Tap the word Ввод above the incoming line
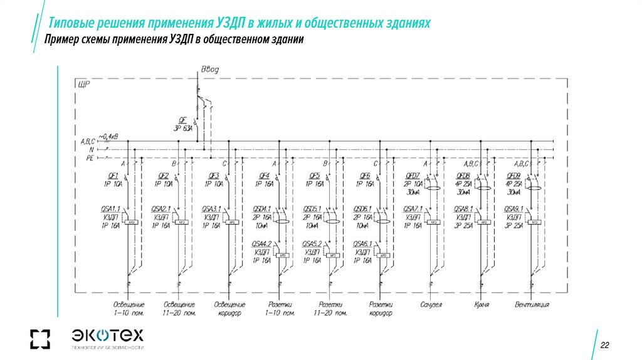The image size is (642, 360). (x=209, y=68)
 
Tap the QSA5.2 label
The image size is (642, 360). (x=312, y=243)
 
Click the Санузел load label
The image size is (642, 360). (x=431, y=305)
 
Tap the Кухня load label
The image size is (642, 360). (x=481, y=305)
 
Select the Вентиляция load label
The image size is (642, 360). (x=532, y=305)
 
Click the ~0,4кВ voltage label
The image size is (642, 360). (x=108, y=135)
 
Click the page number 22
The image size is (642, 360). (x=605, y=346)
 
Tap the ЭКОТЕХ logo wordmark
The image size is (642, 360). (x=108, y=334)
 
